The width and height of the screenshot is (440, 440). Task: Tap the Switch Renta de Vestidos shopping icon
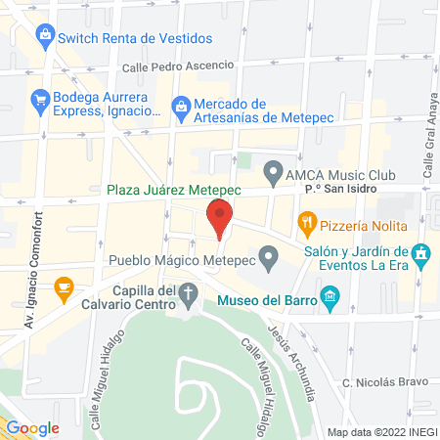pyautogui.click(x=43, y=37)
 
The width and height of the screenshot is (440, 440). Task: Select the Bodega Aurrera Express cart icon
pyautogui.click(x=40, y=100)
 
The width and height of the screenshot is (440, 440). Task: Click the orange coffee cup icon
pyautogui.click(x=65, y=287)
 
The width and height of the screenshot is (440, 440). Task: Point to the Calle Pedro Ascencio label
pyautogui.click(x=178, y=66)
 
